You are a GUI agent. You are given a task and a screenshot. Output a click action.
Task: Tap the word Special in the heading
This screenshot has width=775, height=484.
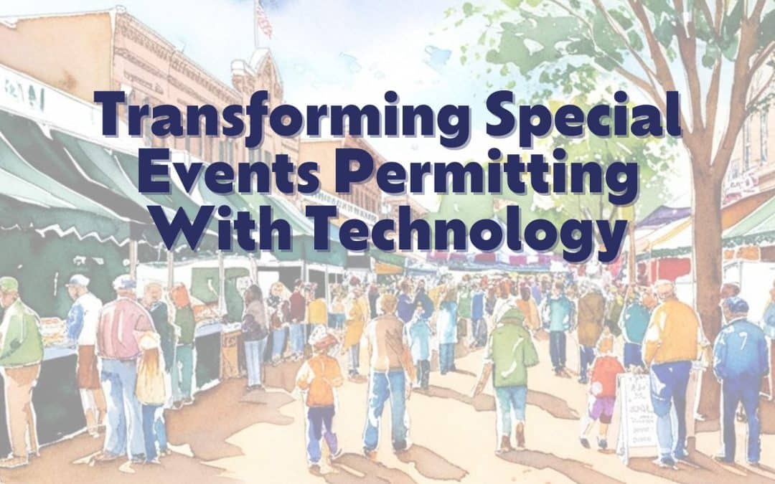(x=583, y=117)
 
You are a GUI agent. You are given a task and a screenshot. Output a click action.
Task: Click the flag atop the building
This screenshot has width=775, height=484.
(x=264, y=21)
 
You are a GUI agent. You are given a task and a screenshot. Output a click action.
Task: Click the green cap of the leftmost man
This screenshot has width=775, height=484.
(x=9, y=283)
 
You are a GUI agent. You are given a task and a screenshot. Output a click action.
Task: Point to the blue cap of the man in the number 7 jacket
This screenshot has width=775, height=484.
(x=736, y=304)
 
